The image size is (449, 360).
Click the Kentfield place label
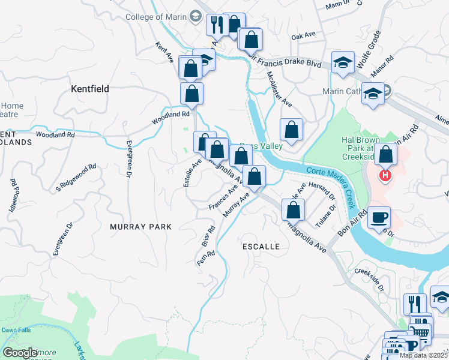click(90, 89)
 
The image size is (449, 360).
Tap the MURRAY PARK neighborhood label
click(140, 227)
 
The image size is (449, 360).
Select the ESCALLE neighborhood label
click(261, 247)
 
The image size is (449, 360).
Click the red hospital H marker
click(385, 176)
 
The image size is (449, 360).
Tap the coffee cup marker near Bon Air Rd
click(379, 217)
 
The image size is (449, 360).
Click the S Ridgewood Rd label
click(76, 178)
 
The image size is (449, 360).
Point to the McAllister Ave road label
click(279, 89)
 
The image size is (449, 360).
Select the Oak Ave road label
click(303, 36)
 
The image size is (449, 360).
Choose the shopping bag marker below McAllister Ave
click(291, 129)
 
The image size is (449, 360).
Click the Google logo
click(20, 353)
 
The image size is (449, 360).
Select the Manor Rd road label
click(382, 65)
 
